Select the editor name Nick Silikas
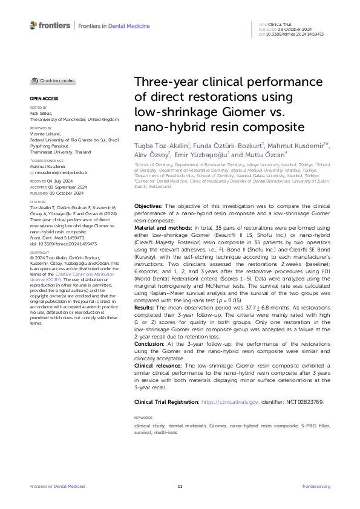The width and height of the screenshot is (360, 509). [x=41, y=113]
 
